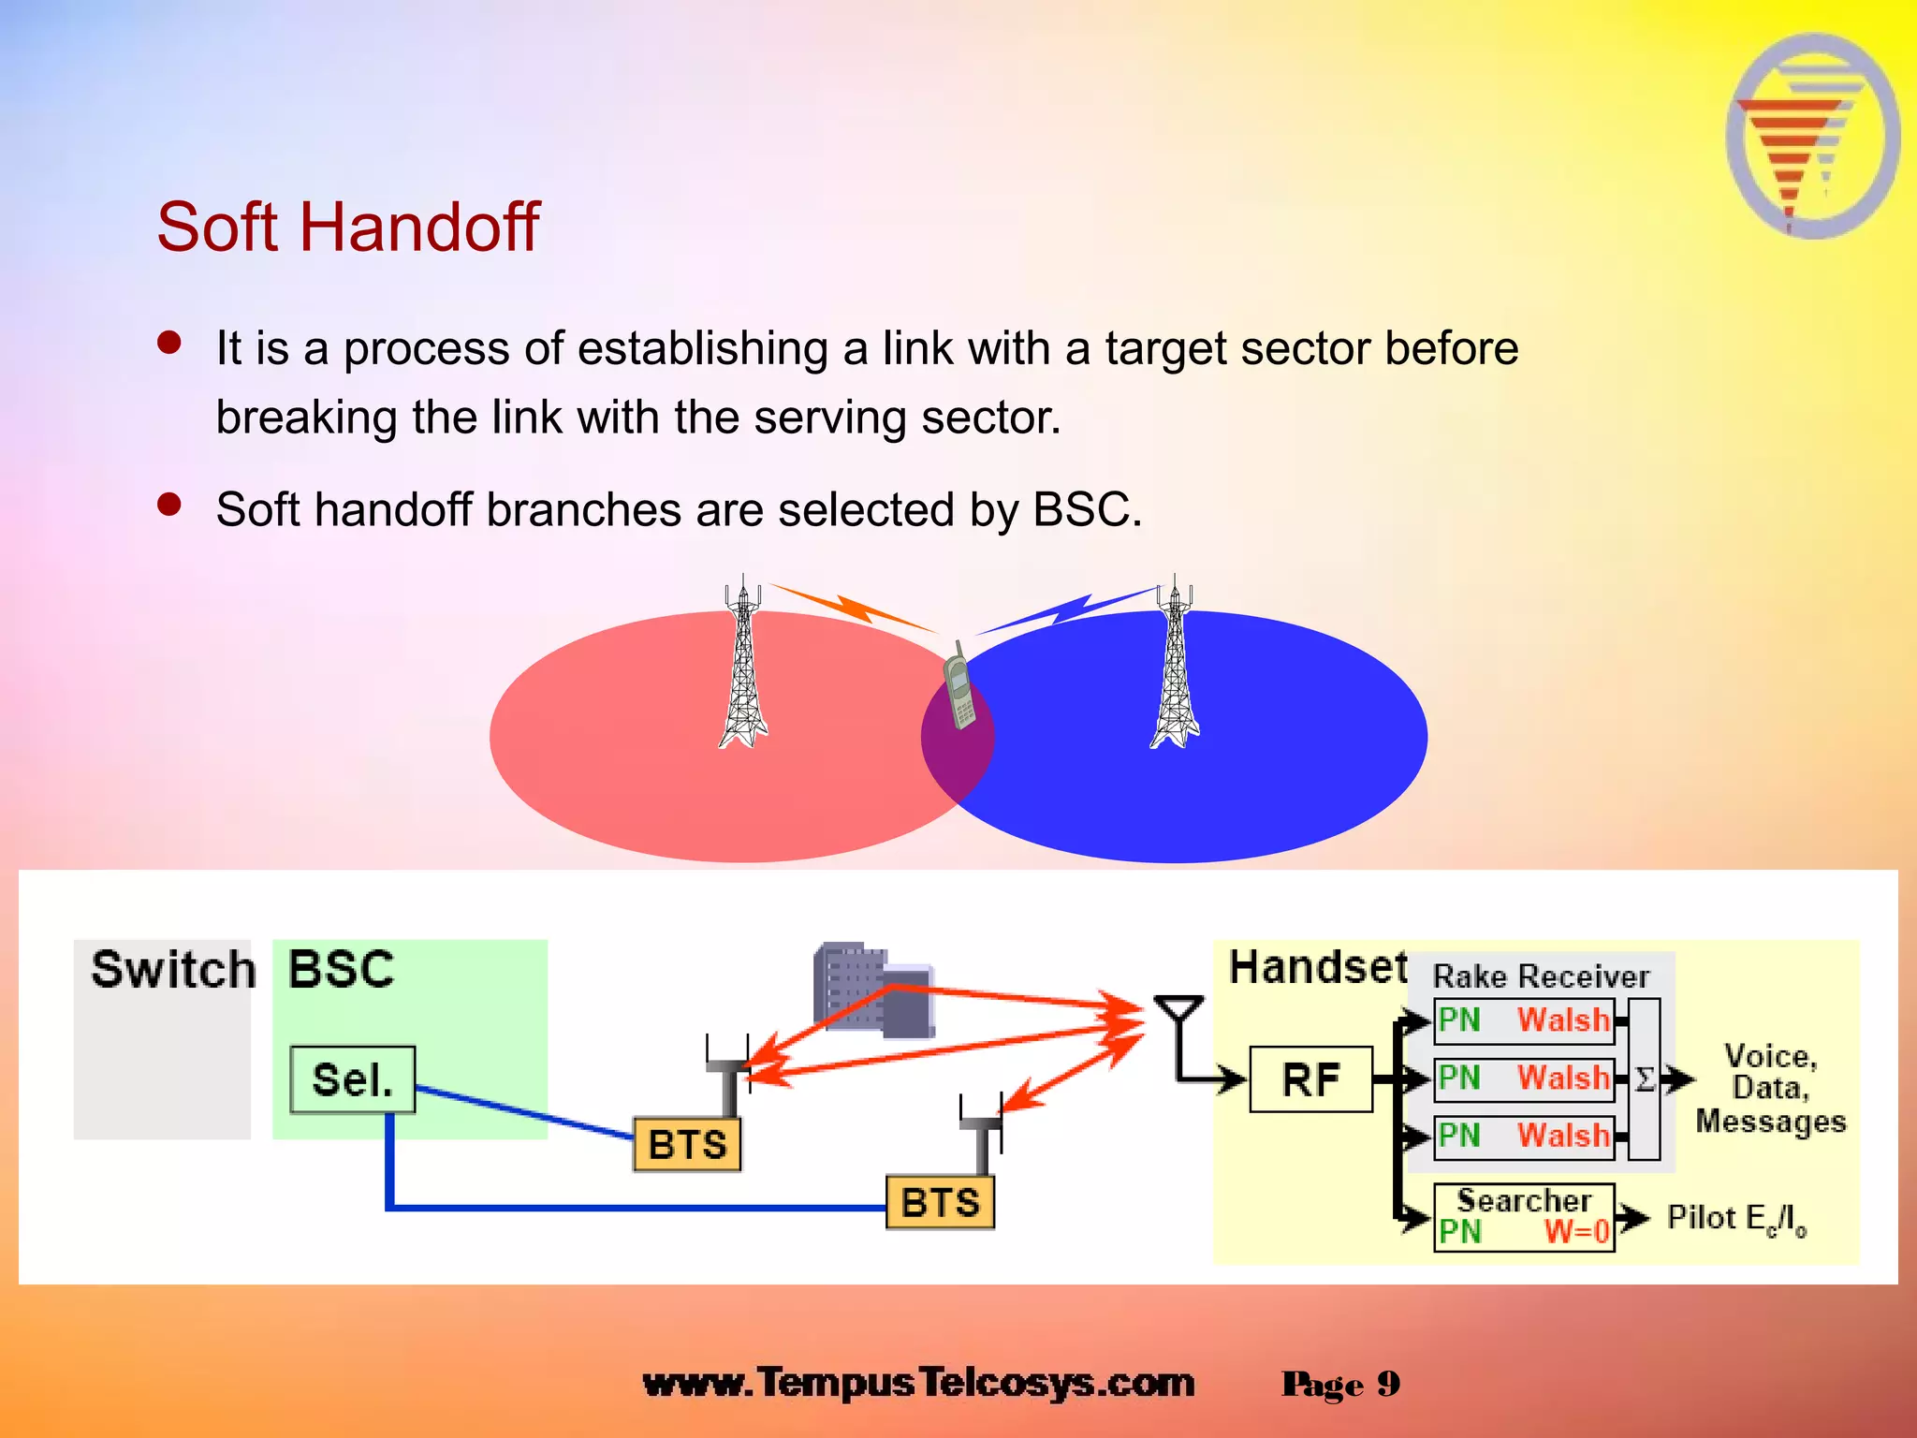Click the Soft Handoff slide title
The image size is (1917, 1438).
[x=347, y=227]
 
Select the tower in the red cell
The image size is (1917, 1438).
[x=743, y=665]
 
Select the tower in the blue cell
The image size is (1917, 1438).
[x=1175, y=665]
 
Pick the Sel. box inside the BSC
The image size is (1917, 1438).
[x=352, y=1079]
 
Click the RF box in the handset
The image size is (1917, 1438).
[x=1310, y=1079]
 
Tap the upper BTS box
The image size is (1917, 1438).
[x=687, y=1144]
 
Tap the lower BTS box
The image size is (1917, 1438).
[x=940, y=1202]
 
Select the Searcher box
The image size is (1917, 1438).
[x=1524, y=1216]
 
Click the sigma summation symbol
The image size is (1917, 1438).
[x=1645, y=1079]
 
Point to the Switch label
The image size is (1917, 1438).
[x=173, y=969]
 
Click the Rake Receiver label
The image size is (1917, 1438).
[x=1541, y=976]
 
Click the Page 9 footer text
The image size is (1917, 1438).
[x=1340, y=1384]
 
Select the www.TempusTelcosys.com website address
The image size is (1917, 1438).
[x=918, y=1383]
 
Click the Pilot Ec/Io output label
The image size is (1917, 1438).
[x=1736, y=1218]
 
